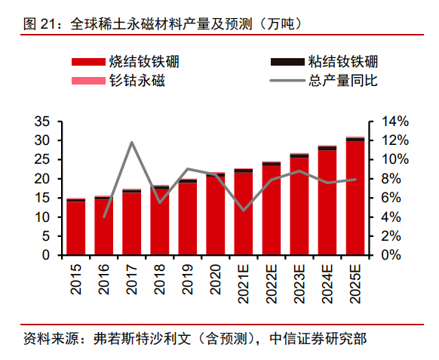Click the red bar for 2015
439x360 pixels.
pos(76,228)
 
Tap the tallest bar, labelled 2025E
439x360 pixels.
pos(355,198)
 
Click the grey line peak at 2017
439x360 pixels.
pos(132,143)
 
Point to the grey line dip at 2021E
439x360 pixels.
pos(243,210)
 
